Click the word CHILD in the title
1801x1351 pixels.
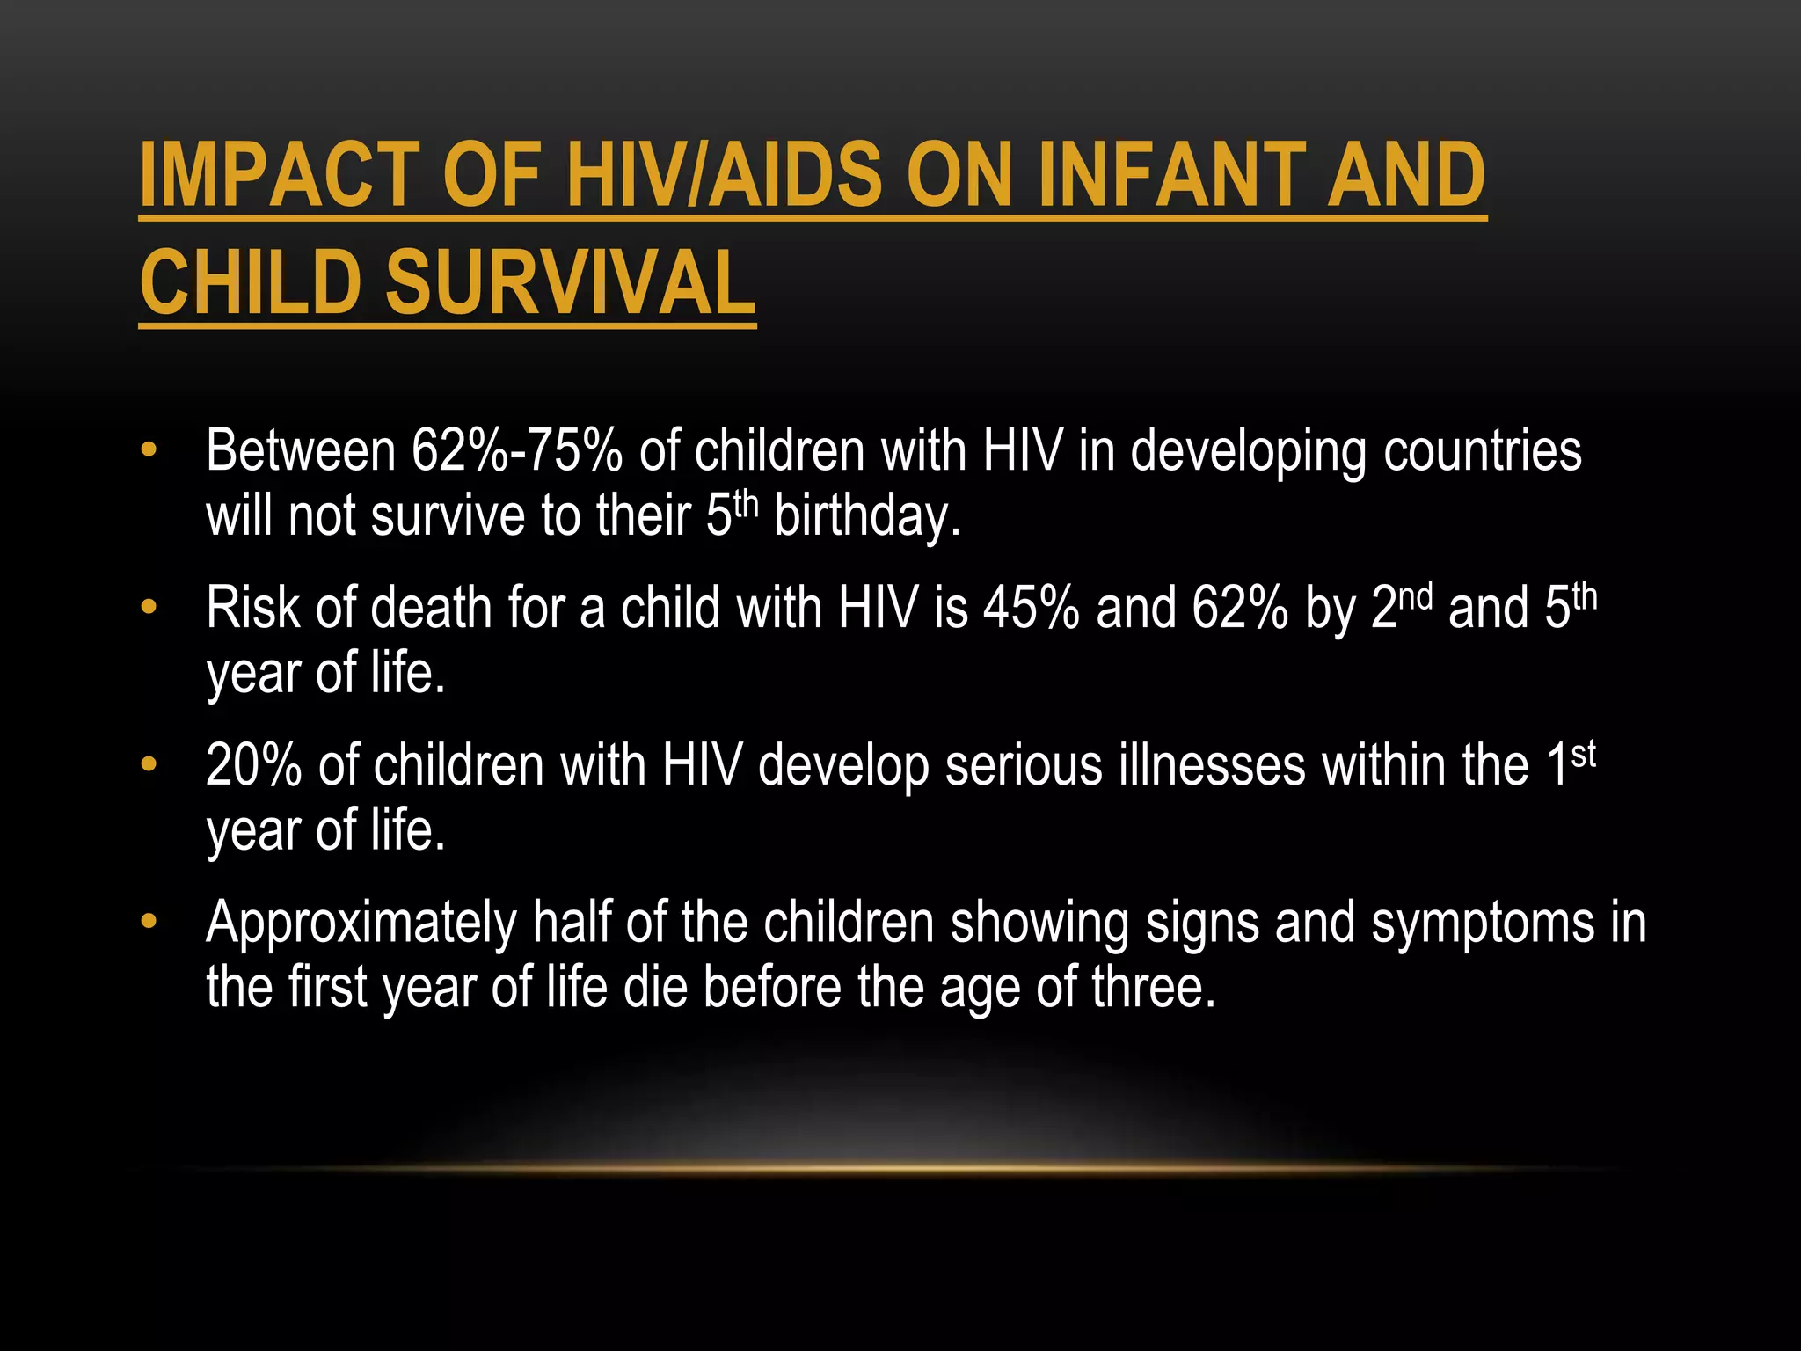click(x=252, y=283)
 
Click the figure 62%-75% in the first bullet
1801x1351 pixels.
click(x=517, y=450)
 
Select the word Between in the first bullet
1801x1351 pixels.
click(x=301, y=450)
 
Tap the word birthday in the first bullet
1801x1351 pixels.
click(x=866, y=516)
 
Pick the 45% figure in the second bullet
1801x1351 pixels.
click(x=1031, y=608)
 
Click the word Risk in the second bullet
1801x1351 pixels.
click(x=252, y=608)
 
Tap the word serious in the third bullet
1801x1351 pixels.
click(x=1023, y=765)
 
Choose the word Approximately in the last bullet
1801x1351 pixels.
click(x=361, y=924)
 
